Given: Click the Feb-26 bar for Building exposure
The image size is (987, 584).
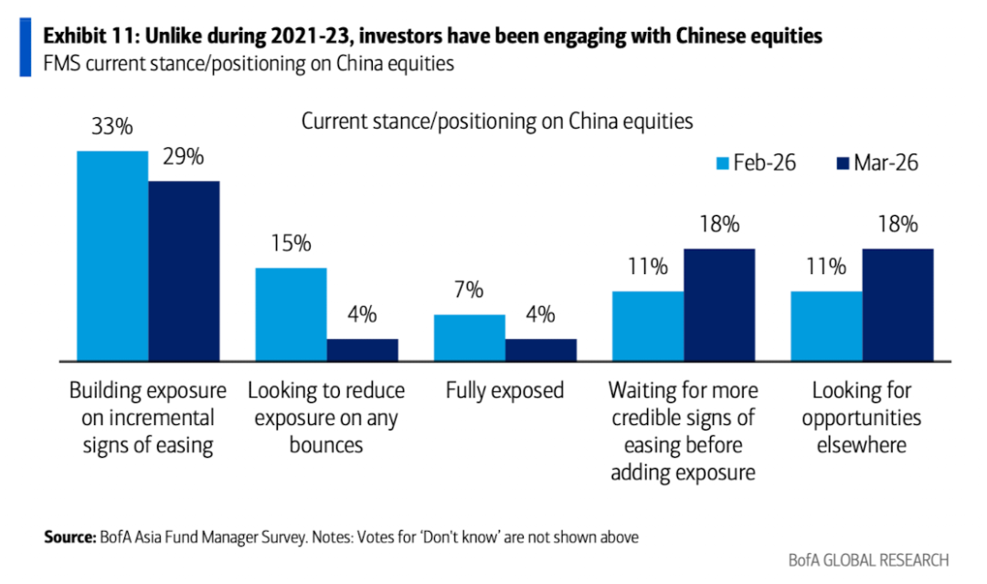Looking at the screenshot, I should click(112, 256).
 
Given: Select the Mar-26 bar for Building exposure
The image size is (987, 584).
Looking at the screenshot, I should click(184, 271).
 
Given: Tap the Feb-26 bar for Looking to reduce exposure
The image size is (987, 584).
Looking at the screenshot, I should click(291, 314).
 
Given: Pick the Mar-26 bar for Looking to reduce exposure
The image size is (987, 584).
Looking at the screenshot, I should click(362, 351).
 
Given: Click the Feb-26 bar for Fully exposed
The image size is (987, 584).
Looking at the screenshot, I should click(469, 338).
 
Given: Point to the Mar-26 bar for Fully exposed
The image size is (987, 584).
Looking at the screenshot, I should click(540, 351).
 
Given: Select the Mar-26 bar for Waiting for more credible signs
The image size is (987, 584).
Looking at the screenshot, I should click(719, 305).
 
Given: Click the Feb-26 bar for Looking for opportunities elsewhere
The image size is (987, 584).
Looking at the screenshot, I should click(826, 326).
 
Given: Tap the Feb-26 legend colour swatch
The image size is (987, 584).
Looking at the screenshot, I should click(722, 164).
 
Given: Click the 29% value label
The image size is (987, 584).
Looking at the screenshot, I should click(184, 157).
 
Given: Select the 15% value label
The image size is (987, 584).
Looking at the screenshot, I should click(292, 244).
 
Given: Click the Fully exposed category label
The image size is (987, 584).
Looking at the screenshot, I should click(504, 391).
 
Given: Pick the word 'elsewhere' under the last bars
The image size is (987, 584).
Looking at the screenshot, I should click(862, 446).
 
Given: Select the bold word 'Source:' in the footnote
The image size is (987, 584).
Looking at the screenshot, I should click(69, 537).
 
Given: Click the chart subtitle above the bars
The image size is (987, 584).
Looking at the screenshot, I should click(497, 121).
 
